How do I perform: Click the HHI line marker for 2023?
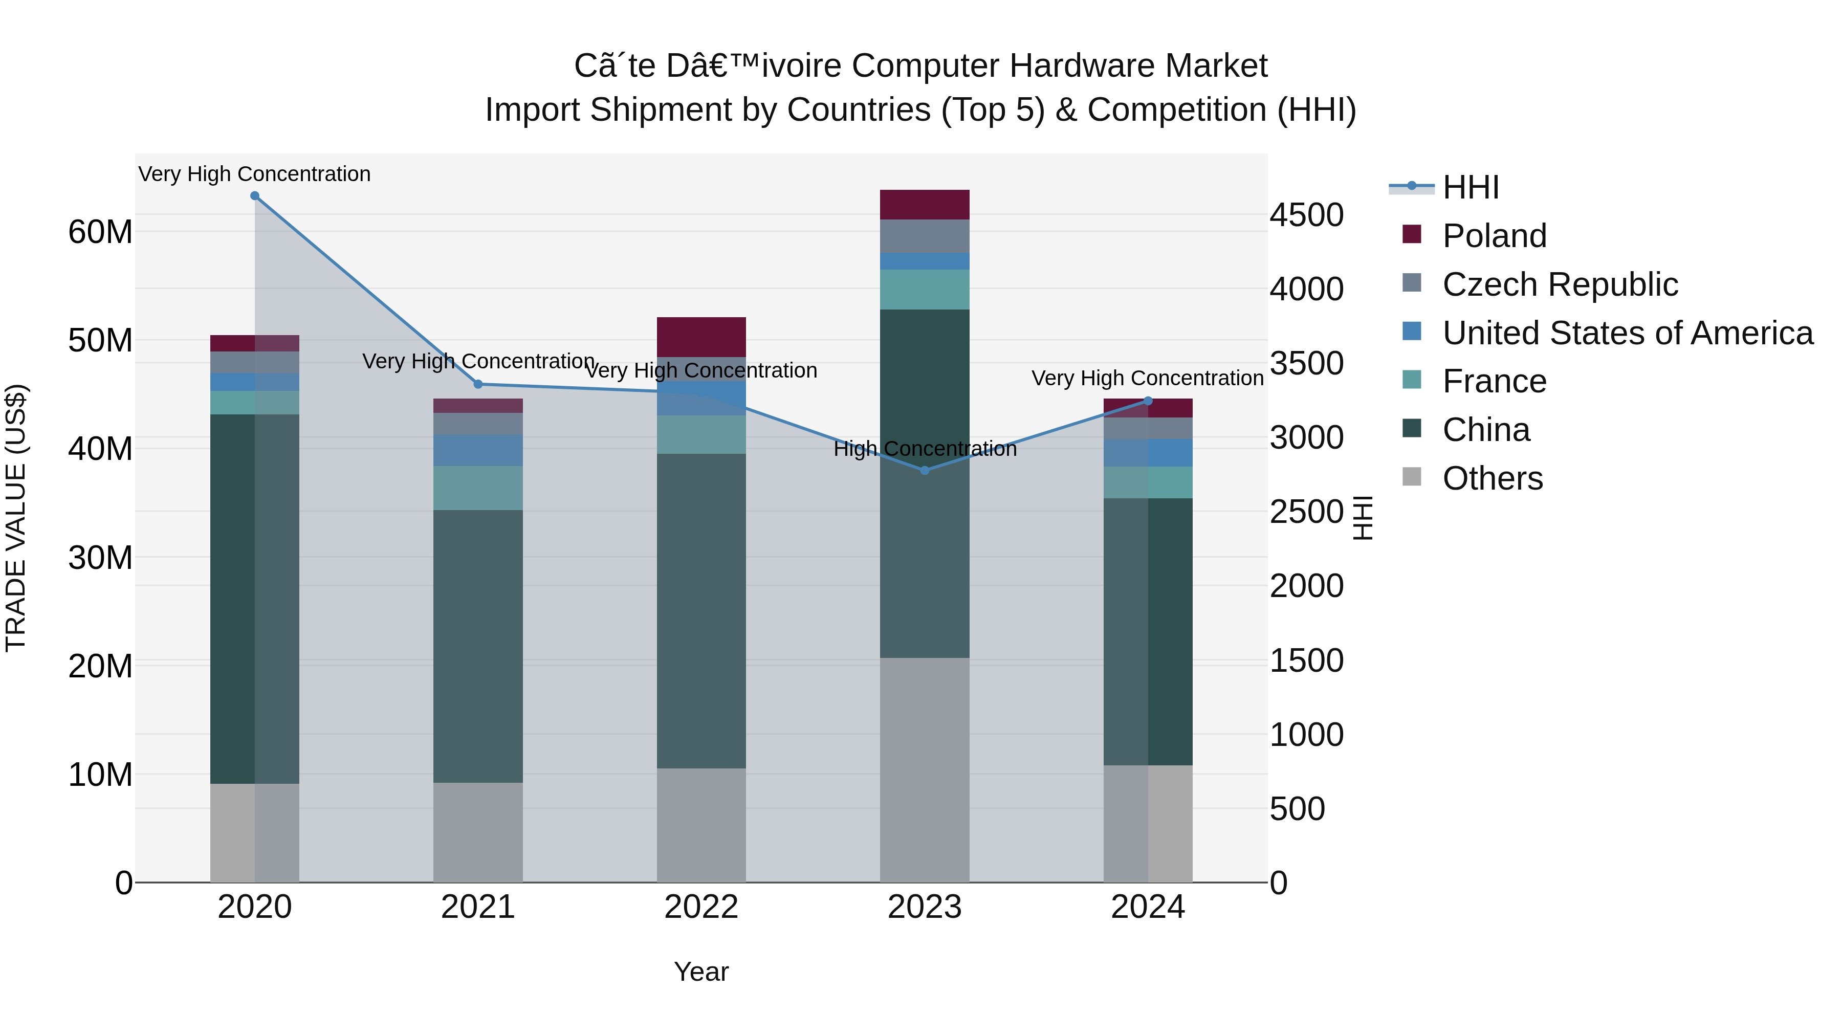coord(925,471)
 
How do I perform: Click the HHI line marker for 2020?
coord(255,196)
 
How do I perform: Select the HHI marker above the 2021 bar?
coord(478,384)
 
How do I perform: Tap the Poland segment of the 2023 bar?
coord(925,205)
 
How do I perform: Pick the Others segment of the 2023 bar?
coord(925,770)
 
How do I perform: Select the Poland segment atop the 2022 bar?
coord(701,337)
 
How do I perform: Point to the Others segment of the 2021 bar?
coord(478,832)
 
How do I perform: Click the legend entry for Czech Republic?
coord(1560,284)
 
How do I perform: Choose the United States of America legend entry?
coord(1627,333)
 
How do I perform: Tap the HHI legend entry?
coord(1470,187)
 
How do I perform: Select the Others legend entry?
coord(1493,478)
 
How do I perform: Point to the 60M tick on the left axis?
coord(100,232)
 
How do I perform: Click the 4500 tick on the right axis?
coord(1306,215)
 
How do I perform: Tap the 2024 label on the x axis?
coord(1148,907)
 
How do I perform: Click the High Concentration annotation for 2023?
coord(925,449)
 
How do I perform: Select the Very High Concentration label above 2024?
coord(1147,378)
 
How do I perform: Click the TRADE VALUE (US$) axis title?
coord(16,518)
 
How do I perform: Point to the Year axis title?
coord(701,972)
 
